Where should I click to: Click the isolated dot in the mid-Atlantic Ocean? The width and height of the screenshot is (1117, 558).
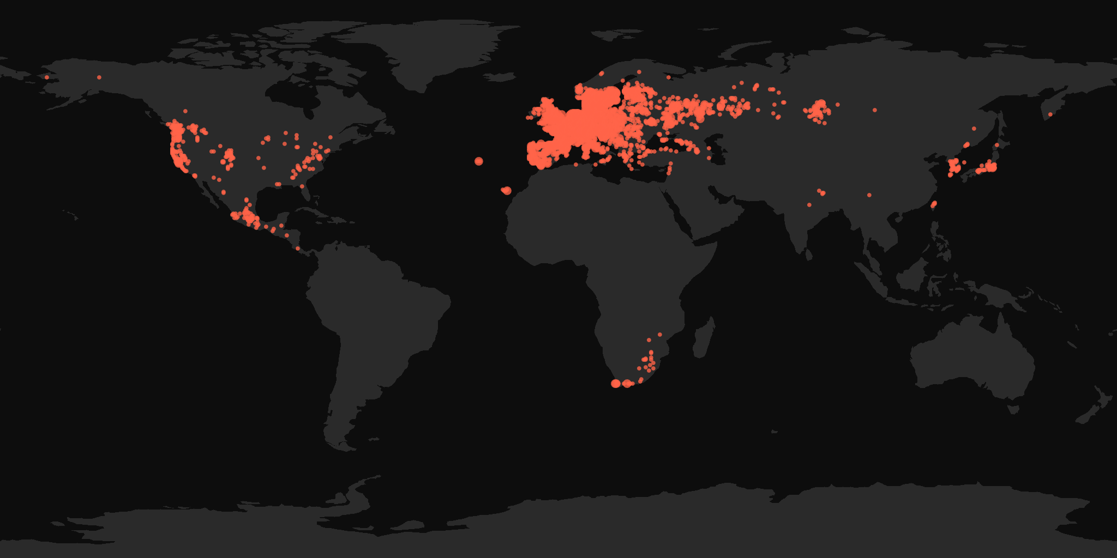(x=479, y=161)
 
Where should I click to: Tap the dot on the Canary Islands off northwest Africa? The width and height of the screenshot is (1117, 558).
(x=507, y=190)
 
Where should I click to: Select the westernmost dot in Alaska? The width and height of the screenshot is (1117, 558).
(x=47, y=77)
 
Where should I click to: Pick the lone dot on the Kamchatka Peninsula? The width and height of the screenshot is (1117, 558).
(x=1050, y=114)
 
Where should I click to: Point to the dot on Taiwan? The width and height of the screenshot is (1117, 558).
(x=933, y=205)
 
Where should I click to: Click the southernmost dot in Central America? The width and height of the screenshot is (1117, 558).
(x=298, y=248)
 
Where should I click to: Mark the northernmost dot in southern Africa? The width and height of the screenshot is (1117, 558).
(x=659, y=335)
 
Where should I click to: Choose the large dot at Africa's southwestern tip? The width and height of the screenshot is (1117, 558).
(x=616, y=384)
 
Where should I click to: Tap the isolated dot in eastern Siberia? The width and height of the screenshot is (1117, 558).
(x=874, y=110)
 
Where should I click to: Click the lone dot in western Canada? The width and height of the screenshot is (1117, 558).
(x=185, y=111)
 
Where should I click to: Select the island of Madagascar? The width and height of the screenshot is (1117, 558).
(x=704, y=338)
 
